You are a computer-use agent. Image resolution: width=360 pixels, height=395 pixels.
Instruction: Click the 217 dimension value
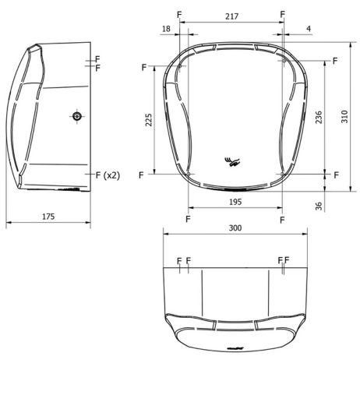pyautogui.click(x=231, y=16)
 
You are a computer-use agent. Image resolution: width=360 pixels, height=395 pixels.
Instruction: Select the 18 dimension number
pyautogui.click(x=166, y=29)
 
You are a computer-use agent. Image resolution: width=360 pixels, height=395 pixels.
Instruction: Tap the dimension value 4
pyautogui.click(x=309, y=29)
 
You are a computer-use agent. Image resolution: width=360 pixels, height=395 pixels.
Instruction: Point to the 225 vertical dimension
pyautogui.click(x=149, y=120)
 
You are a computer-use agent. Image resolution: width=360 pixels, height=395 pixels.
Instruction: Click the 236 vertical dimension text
pyautogui.click(x=319, y=117)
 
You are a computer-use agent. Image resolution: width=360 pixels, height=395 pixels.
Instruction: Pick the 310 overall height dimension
pyautogui.click(x=344, y=117)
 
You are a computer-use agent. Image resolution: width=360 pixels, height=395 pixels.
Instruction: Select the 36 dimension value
pyautogui.click(x=319, y=206)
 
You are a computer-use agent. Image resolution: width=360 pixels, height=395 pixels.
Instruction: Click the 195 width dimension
pyautogui.click(x=235, y=202)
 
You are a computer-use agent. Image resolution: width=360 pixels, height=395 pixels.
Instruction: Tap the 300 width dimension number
pyautogui.click(x=235, y=228)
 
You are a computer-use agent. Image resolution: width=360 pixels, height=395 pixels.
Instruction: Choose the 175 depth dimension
pyautogui.click(x=48, y=217)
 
